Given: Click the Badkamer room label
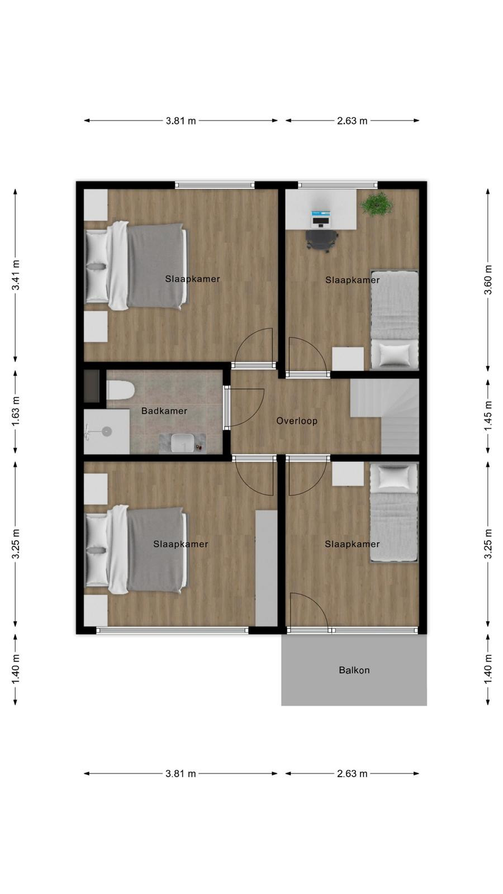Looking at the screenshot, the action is tap(164, 411).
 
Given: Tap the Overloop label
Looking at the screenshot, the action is tap(297, 421).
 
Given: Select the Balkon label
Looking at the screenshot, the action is tap(354, 670).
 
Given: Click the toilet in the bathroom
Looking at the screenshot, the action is tap(120, 390).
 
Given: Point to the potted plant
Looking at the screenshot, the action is tap(377, 205).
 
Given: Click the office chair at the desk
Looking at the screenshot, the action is tap(322, 240).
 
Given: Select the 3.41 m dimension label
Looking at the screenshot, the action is tap(16, 275).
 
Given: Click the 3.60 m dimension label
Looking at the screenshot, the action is tap(488, 279).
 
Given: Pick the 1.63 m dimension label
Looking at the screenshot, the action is tap(16, 411).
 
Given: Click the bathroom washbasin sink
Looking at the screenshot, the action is tap(183, 442).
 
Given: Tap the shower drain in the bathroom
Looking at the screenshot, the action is tap(107, 431).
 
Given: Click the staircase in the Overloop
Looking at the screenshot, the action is tap(385, 416).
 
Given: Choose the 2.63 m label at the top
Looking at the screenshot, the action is tap(352, 121).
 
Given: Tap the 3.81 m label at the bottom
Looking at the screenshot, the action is tap(181, 774).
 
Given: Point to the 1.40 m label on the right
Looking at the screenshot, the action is tap(488, 669).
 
